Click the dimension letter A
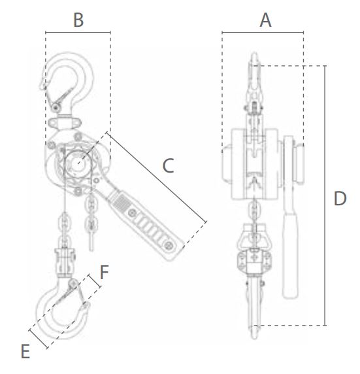pos(265,20)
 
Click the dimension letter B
pos(78,20)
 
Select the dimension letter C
pos(168,165)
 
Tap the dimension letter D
pos(340,199)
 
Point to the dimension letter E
pos(25,351)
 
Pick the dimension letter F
pos(105,272)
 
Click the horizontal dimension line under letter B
pos(78,32)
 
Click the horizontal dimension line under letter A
pos(263,32)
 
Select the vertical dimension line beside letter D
pos(325,195)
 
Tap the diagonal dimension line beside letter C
pos(156,177)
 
